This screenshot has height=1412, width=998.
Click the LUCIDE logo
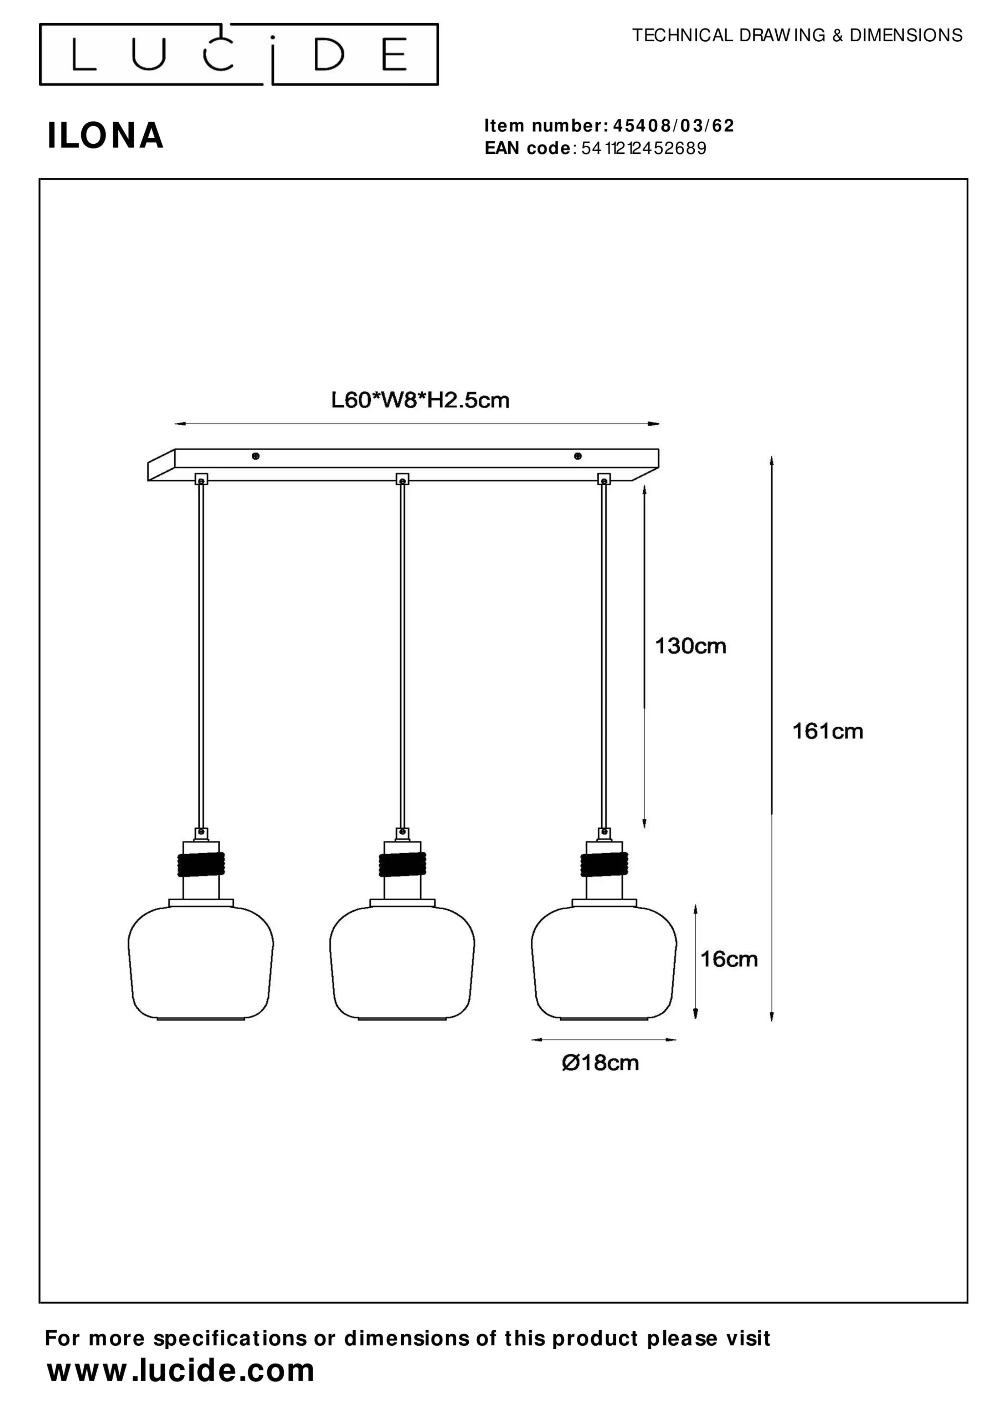[x=238, y=54]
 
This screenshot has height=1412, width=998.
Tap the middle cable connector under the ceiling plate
[x=402, y=479]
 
